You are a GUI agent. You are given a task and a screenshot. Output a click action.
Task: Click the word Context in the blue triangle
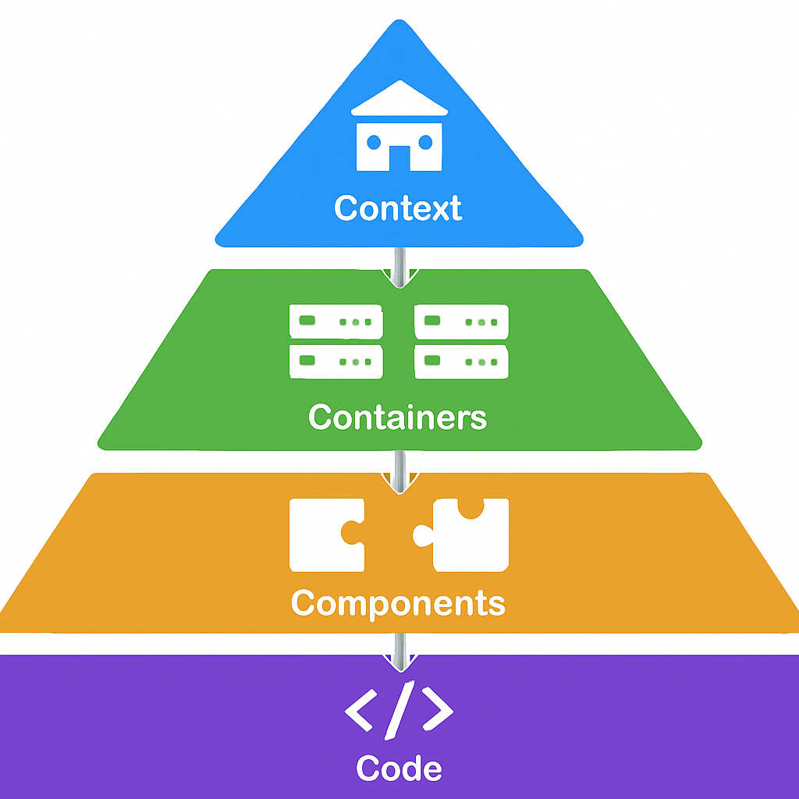point(398,208)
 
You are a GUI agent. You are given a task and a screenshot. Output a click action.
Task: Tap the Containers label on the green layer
point(398,417)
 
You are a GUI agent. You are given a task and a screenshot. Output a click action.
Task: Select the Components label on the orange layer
point(398,603)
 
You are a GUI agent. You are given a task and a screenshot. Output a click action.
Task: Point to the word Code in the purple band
point(399,768)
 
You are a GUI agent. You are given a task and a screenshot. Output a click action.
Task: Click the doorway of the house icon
point(399,158)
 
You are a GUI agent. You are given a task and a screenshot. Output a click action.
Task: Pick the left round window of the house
point(374,141)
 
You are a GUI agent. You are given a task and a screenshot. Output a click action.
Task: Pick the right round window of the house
point(425,141)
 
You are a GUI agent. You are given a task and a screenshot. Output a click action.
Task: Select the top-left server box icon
point(336,321)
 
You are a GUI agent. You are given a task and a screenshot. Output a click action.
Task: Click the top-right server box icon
point(462,321)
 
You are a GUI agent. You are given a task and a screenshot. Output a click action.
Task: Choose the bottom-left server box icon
point(336,360)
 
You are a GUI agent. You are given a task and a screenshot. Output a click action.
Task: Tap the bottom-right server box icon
point(462,360)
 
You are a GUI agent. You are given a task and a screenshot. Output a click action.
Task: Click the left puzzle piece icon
point(324,534)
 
